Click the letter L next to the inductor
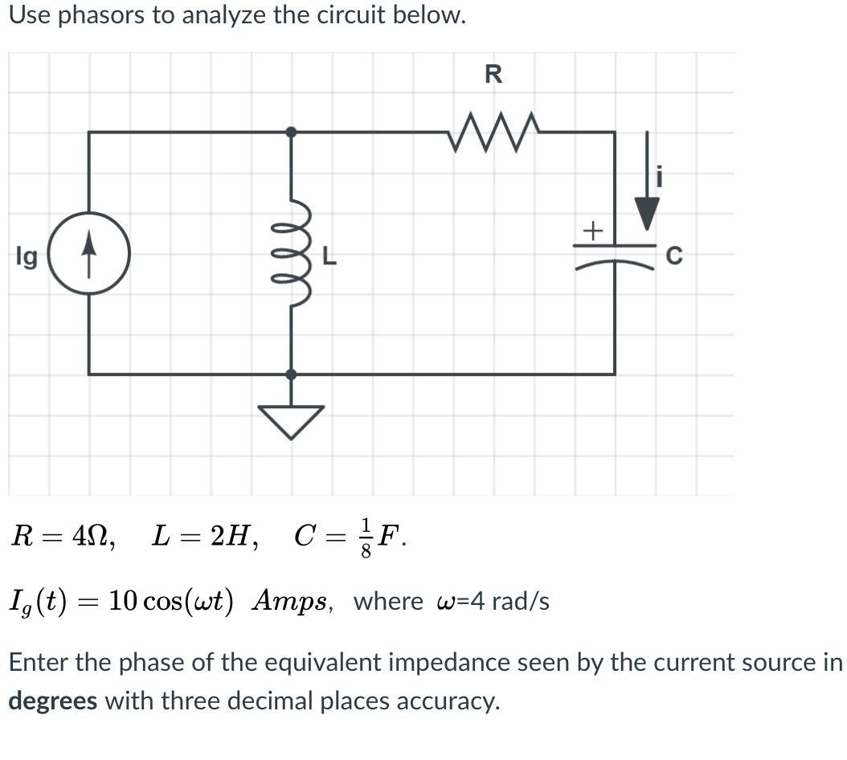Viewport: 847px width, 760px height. pos(329,257)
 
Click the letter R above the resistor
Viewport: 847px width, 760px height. pos(493,75)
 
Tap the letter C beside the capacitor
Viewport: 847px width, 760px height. pos(675,257)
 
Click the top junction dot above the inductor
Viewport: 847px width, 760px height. pos(291,131)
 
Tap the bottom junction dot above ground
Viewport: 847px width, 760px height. pos(291,374)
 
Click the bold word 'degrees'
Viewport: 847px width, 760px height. pos(53,701)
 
